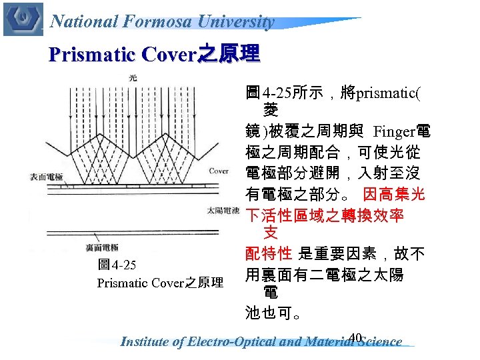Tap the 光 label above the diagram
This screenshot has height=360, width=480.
pyautogui.click(x=133, y=78)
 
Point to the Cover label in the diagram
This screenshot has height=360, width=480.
pyautogui.click(x=218, y=171)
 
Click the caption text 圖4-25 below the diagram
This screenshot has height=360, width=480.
pyautogui.click(x=117, y=265)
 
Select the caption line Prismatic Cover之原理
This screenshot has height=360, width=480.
pyautogui.click(x=160, y=283)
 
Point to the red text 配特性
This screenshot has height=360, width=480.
pyautogui.click(x=269, y=253)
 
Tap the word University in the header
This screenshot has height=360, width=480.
pyautogui.click(x=240, y=21)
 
